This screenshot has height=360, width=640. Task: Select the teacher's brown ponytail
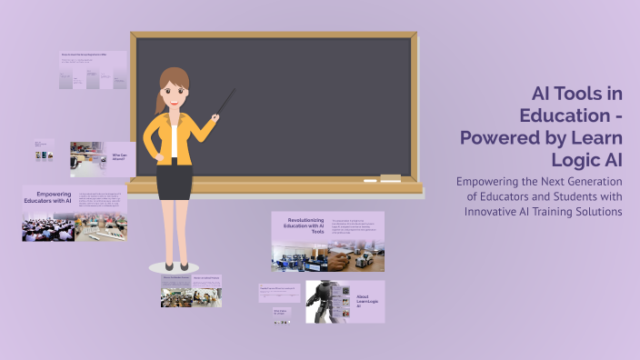coord(161,99)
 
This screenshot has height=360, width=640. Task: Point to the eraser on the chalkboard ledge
coord(389,176)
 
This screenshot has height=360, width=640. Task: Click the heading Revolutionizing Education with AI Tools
coord(305,225)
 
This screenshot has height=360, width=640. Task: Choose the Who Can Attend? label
coord(120,157)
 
